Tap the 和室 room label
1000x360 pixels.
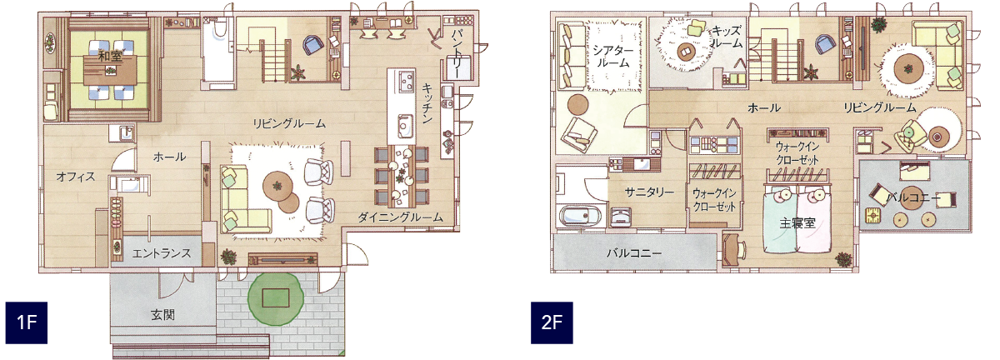click(109, 57)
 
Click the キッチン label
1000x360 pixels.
click(426, 103)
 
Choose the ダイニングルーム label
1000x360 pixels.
click(401, 217)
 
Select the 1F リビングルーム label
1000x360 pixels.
click(289, 123)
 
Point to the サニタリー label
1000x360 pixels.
click(649, 192)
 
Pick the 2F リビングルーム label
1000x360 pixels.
click(880, 107)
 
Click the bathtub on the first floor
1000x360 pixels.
click(217, 54)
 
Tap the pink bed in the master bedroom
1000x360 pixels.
click(813, 220)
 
